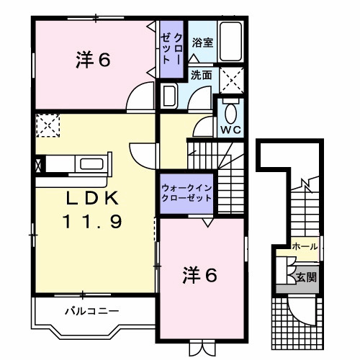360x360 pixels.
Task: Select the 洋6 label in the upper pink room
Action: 93,60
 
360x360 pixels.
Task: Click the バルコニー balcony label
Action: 91,312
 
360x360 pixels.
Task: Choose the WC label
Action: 230,130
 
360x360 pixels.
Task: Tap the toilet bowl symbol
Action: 230,113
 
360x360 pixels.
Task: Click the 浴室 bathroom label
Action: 203,43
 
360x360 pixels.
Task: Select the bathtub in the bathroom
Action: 230,43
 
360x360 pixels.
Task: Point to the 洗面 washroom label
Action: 202,73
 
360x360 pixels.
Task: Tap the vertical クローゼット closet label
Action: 173,48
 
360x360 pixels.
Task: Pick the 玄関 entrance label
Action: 305,276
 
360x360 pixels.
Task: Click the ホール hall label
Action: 305,247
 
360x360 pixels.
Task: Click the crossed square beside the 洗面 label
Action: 230,78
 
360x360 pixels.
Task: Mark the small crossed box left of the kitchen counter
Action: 37,163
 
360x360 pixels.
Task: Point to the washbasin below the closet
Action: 170,96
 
